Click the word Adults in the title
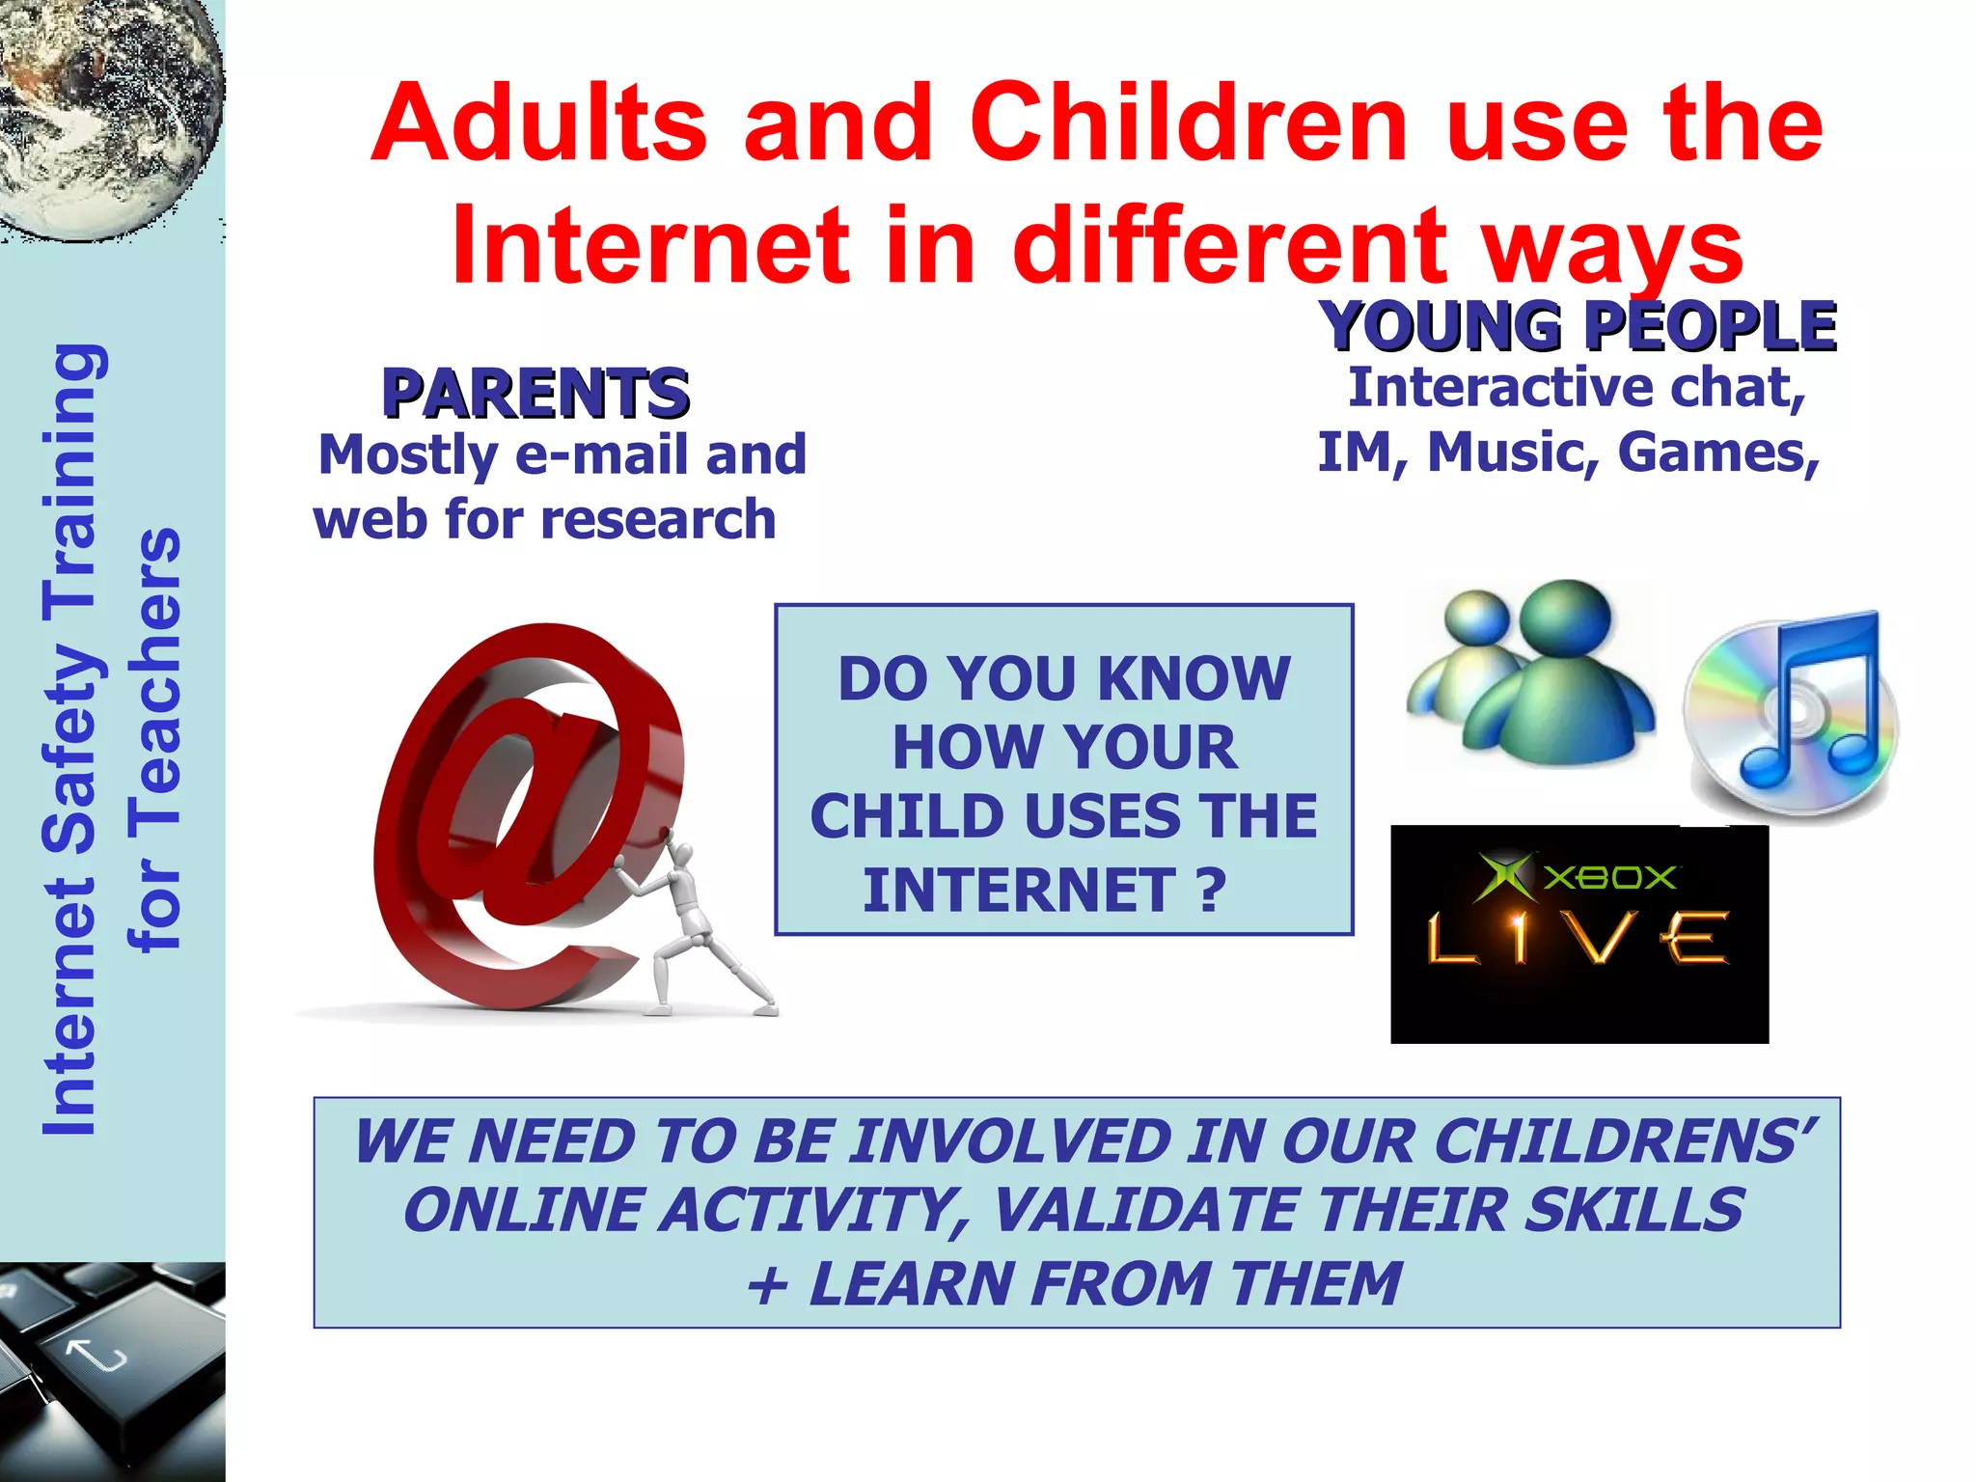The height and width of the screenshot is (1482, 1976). click(540, 123)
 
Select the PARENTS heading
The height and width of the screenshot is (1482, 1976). click(535, 393)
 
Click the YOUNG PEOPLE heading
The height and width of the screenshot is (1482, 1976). click(1578, 325)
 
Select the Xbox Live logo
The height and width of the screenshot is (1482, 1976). click(1578, 933)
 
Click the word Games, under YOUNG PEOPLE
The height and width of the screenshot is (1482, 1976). click(1717, 453)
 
